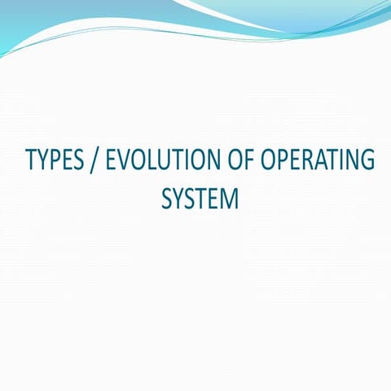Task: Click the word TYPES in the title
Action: pos(56,160)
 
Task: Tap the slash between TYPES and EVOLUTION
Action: pos(98,161)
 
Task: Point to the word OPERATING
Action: pos(319,160)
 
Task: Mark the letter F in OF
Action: pos(249,160)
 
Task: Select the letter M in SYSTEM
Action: pos(231,198)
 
